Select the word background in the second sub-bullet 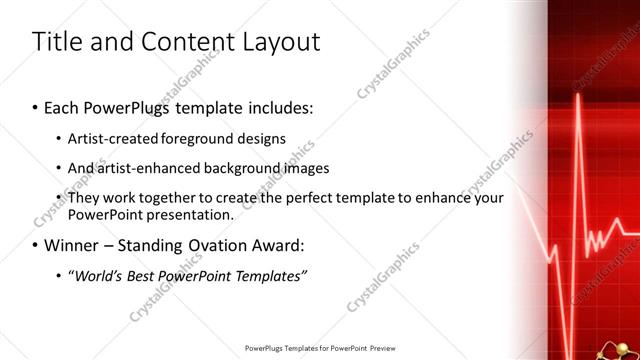pos(249,168)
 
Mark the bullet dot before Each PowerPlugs pos(36,106)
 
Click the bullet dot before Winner pos(36,246)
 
